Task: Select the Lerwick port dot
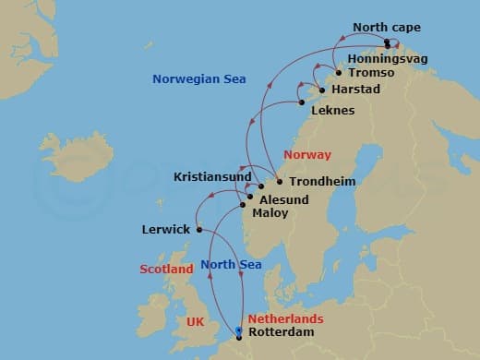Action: click(199, 230)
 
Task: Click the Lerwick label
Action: click(166, 230)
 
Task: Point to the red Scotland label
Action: click(166, 270)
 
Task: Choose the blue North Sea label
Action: click(231, 265)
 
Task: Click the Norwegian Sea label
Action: click(198, 80)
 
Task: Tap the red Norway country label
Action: click(307, 155)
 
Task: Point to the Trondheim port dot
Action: click(279, 182)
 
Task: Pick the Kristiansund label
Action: click(211, 175)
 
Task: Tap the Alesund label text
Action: click(282, 198)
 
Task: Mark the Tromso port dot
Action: click(339, 73)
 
